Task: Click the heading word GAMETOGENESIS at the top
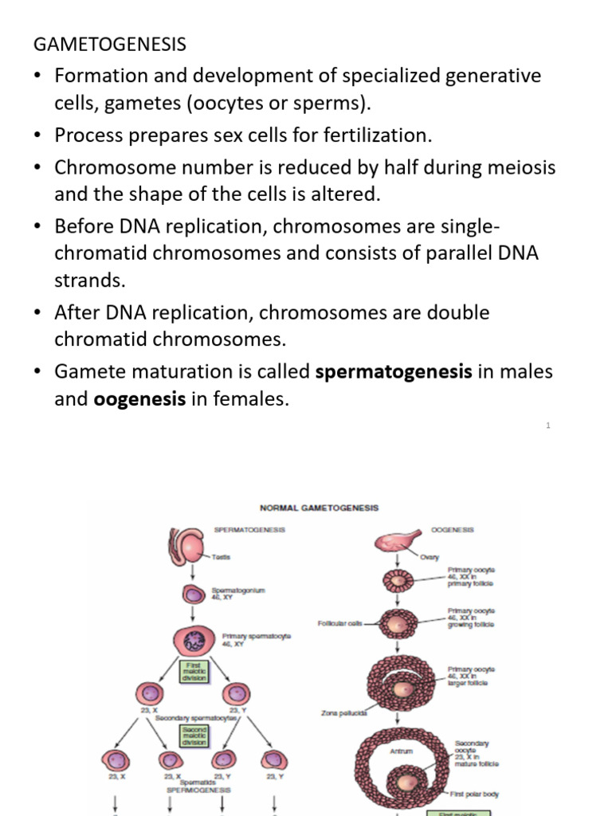point(110,45)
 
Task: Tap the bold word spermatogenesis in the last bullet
point(394,371)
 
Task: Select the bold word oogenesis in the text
point(139,399)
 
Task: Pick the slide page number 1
point(548,426)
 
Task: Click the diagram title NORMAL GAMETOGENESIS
point(320,508)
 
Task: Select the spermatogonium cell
point(195,594)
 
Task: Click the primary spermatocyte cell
point(194,642)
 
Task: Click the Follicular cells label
point(342,624)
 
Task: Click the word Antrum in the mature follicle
point(401,749)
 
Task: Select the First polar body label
point(474,794)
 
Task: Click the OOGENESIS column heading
point(452,529)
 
